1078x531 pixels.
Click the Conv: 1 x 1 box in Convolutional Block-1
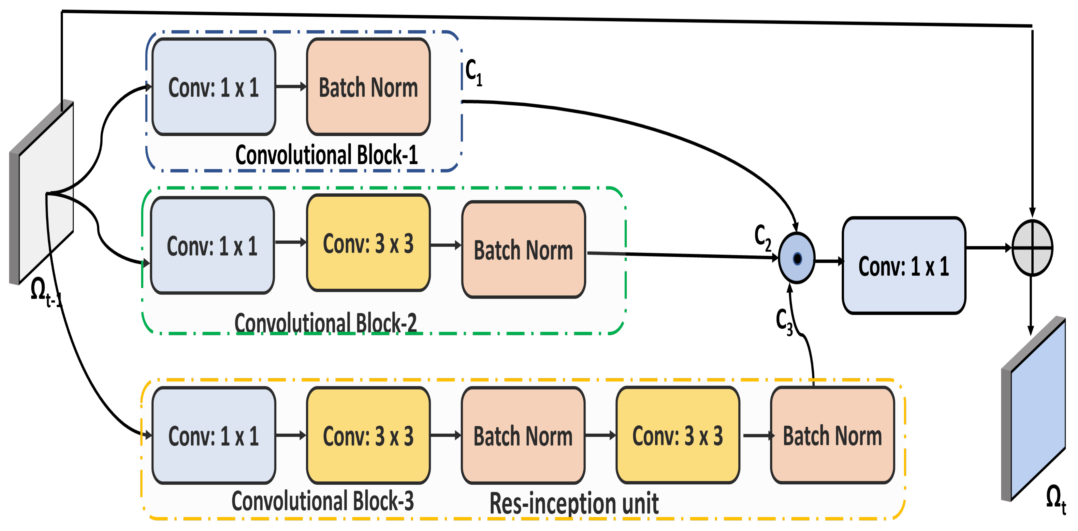coord(213,87)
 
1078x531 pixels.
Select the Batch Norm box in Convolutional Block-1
coord(368,87)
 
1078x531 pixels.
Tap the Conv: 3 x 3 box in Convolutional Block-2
coord(368,243)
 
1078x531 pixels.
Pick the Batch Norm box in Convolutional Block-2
coord(523,250)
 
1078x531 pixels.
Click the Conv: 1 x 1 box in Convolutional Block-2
coord(212,245)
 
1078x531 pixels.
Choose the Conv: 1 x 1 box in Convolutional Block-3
coord(213,435)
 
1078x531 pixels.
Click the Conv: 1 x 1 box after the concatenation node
coord(904,265)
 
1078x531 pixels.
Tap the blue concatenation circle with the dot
coord(797,258)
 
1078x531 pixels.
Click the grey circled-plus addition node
coord(1032,248)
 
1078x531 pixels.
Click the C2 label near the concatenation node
coord(763,237)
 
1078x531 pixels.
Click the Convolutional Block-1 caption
coord(327,155)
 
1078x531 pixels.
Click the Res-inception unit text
coord(574,503)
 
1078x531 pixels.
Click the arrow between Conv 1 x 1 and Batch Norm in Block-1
coord(291,87)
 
